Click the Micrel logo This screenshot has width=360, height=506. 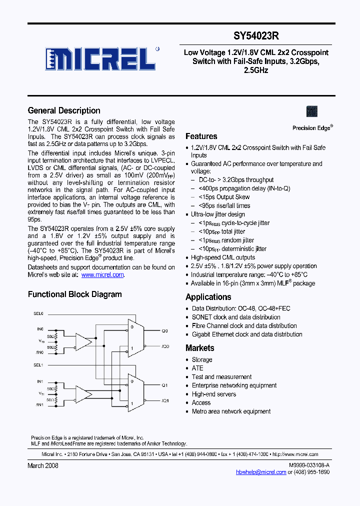click(100, 59)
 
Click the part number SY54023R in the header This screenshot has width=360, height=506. click(256, 36)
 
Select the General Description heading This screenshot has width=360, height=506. click(64, 110)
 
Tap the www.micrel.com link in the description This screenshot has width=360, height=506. click(102, 274)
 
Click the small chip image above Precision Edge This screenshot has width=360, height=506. click(311, 111)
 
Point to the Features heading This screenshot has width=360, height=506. click(201, 136)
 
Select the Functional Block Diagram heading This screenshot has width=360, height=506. click(74, 294)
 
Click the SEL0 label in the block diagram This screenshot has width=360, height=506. click(38, 313)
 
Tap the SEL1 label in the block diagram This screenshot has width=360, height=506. click(38, 365)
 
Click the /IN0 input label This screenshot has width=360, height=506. click(39, 352)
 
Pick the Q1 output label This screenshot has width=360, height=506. click(164, 385)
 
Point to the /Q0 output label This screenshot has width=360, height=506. click(165, 346)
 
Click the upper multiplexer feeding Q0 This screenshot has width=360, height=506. click(135, 338)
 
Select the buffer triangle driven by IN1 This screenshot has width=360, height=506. click(83, 393)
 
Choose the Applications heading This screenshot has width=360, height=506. click(208, 296)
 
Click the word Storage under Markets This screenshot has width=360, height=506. click(202, 359)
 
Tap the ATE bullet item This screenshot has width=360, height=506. click(197, 368)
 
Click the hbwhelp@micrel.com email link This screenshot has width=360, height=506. click(261, 471)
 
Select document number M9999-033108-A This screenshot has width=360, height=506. click(309, 465)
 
